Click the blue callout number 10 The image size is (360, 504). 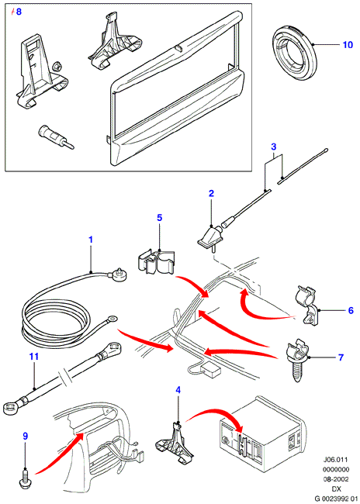coord(348,44)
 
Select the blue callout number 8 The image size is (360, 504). coord(19,12)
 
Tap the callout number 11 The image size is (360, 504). coord(34,357)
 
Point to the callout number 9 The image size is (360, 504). coord(25,437)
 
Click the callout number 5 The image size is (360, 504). coord(160,218)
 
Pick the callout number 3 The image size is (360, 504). coord(273,147)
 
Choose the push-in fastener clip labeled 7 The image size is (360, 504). coord(297,359)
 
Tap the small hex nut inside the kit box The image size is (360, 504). coord(57,67)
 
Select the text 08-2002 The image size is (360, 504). coord(336,479)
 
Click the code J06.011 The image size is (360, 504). coord(336,459)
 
